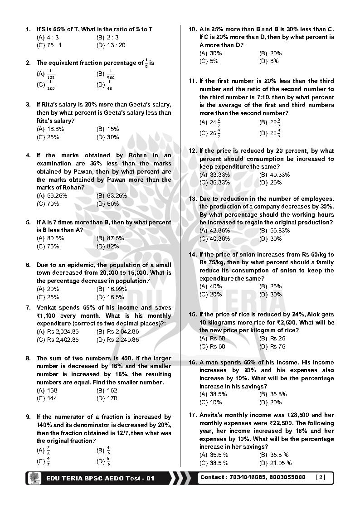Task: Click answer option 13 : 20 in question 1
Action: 115,45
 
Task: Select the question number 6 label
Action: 28,265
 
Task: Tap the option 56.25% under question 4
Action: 57,196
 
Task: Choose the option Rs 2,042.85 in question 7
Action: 117,331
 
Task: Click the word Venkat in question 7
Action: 46,308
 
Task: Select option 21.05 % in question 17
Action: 281,463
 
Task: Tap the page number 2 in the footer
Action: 321,477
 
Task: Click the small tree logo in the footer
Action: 34,478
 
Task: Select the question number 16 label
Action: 193,363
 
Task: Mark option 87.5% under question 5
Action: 115,238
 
